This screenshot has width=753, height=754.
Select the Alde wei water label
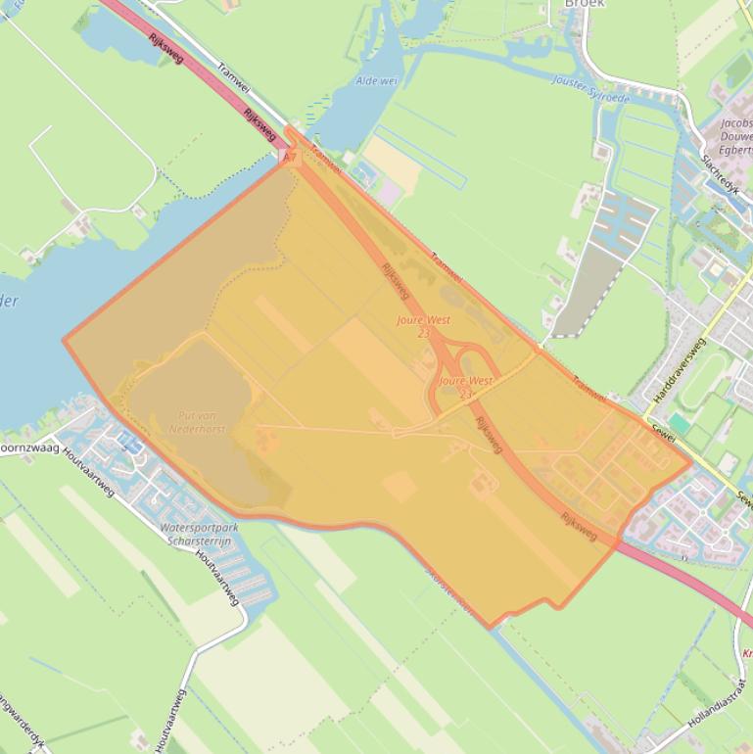coord(377,81)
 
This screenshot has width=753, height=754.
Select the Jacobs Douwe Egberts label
coord(735,136)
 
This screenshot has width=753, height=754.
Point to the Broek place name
coord(585,4)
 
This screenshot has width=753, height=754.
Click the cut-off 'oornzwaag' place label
coord(29,447)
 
